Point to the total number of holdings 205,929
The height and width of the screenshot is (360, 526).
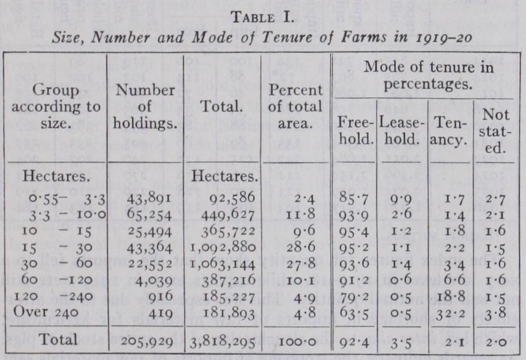coord(148,340)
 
